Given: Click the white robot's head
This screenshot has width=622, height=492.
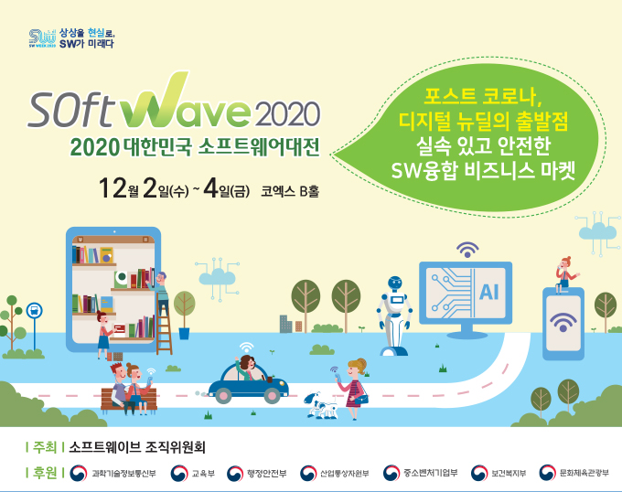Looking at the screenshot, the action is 395,283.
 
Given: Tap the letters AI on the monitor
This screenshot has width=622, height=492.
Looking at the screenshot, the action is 488,293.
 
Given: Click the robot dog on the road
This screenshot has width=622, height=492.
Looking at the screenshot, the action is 321,405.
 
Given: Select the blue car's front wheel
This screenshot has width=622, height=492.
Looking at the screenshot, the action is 273,395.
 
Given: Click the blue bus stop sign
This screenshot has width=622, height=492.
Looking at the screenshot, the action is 34,310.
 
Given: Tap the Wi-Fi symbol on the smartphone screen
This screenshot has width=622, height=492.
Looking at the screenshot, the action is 563,322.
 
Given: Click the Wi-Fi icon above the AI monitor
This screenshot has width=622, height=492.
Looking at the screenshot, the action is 467,250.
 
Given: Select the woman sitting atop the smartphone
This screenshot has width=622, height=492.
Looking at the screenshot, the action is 565,274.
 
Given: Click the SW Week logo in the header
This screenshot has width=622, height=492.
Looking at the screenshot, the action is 42,38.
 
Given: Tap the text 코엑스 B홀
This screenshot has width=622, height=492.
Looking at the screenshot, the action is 290,191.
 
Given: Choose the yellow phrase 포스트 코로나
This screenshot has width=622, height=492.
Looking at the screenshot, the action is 482,95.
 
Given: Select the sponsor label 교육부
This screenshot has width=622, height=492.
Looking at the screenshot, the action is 203,474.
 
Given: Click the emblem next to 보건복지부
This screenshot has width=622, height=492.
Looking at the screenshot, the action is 479,473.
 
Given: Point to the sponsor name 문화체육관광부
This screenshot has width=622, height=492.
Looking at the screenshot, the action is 584,473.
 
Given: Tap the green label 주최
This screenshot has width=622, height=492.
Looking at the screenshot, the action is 45,447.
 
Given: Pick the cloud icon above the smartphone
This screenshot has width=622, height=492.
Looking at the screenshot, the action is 598,232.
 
